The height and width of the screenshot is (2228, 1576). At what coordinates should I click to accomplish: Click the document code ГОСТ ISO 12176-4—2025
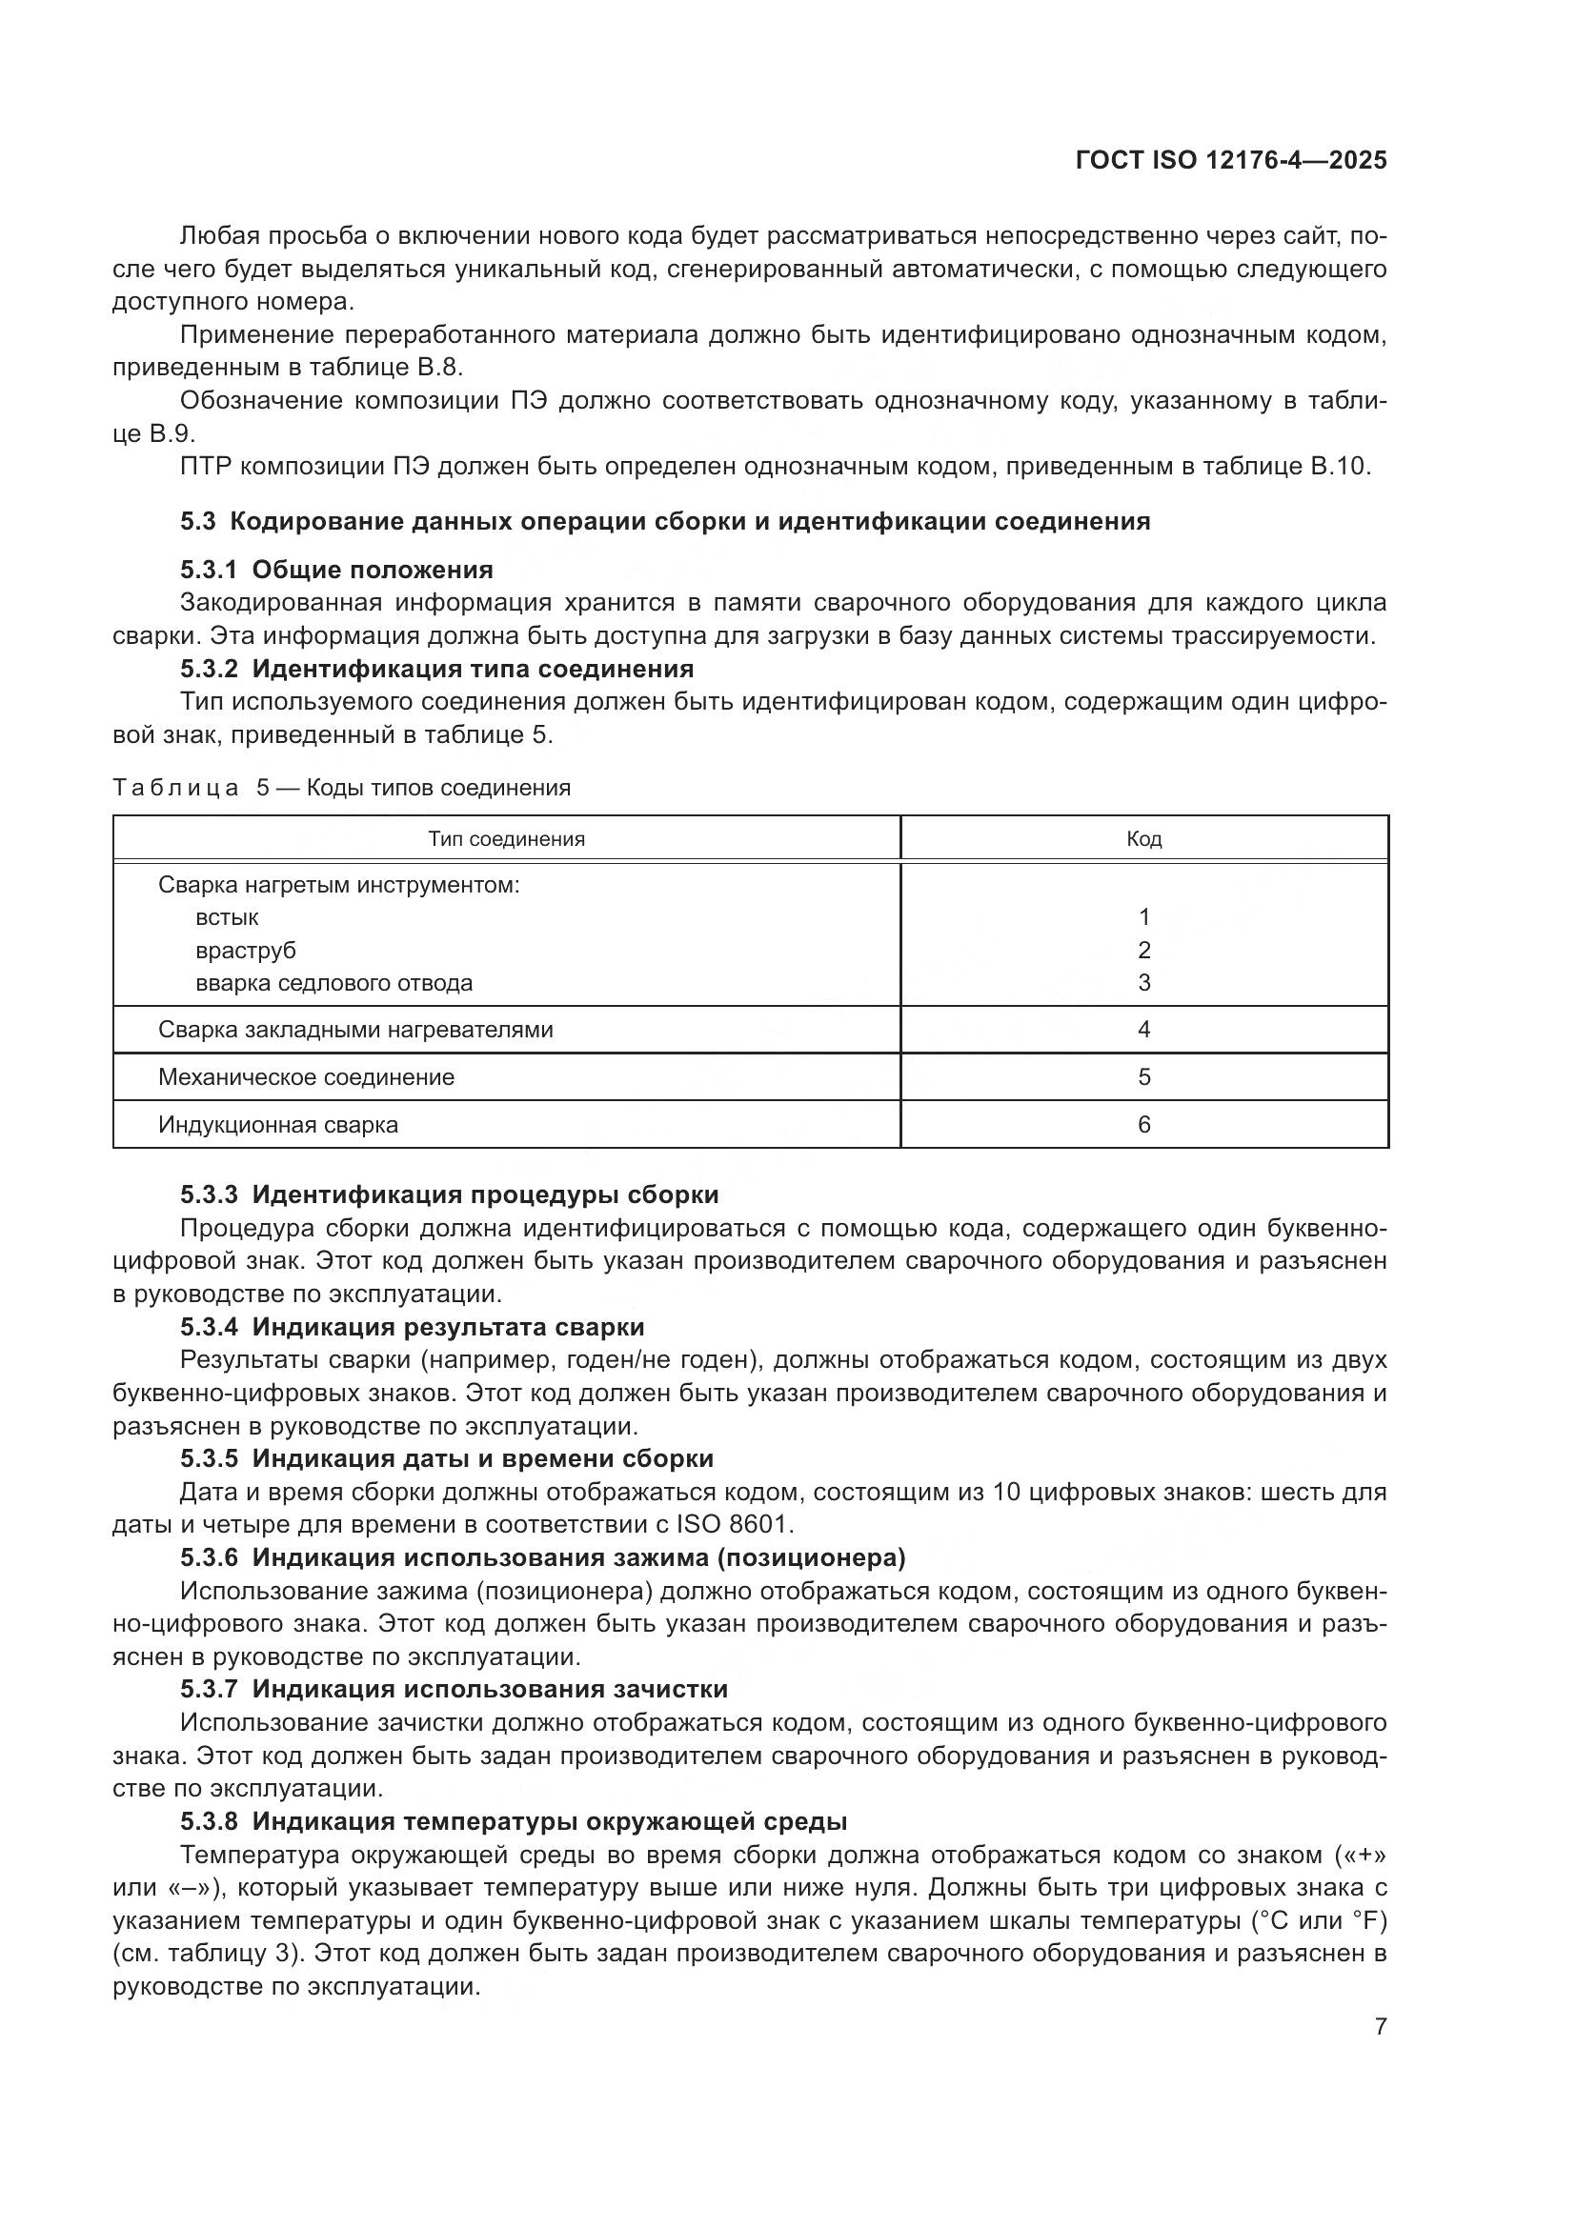(x=1230, y=160)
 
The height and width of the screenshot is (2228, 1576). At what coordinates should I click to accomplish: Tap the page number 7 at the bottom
(x=1380, y=2026)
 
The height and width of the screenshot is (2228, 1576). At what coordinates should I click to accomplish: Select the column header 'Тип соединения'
(x=506, y=838)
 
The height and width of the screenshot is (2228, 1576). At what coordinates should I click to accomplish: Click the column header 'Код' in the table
(x=1143, y=838)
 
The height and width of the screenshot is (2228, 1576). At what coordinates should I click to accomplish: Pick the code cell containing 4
(x=1143, y=1030)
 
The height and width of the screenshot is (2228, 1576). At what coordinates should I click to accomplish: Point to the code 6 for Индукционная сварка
(x=1143, y=1125)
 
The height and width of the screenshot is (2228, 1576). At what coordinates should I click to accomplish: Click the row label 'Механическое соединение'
(x=306, y=1077)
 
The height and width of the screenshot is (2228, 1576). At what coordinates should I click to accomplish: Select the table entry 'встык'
(x=227, y=917)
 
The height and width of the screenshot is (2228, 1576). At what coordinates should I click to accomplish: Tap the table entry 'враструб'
(x=246, y=950)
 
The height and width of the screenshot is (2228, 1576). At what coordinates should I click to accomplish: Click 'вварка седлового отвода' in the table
(x=333, y=983)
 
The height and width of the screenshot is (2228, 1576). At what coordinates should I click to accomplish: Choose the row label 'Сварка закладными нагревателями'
(x=355, y=1030)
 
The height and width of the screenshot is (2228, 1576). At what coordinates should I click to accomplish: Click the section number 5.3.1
(x=209, y=570)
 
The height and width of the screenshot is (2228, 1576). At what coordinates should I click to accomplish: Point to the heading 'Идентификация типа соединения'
(x=473, y=669)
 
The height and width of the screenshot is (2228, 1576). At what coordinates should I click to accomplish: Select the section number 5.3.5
(x=209, y=1458)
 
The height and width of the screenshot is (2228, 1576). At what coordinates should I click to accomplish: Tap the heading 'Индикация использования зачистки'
(x=489, y=1689)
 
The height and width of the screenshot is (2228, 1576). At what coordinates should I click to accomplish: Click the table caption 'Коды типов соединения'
(x=438, y=787)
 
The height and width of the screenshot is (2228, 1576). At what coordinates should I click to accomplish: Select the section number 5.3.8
(x=209, y=1821)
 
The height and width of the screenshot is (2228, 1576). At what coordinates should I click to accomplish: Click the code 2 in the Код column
(x=1143, y=950)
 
